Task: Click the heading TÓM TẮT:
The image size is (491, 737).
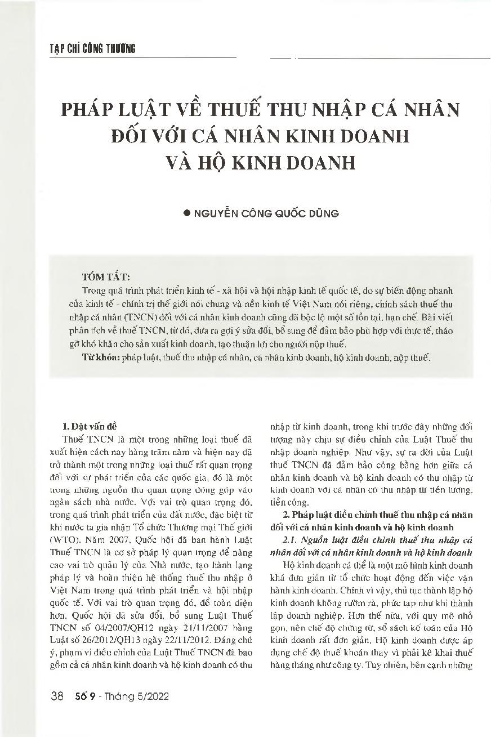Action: (106, 278)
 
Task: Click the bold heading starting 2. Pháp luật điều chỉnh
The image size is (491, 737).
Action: (377, 515)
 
